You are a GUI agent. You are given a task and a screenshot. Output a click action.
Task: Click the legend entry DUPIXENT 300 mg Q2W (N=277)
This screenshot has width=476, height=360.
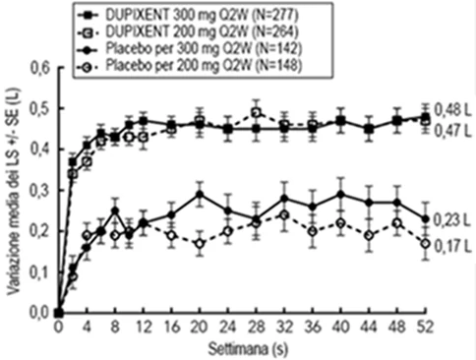click(188, 15)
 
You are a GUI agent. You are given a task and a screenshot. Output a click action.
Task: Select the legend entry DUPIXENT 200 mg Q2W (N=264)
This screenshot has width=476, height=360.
click(188, 32)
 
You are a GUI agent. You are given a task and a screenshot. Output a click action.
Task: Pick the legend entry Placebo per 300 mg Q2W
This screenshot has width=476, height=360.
click(190, 49)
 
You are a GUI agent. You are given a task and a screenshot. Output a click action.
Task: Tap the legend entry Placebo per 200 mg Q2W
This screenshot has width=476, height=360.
click(190, 66)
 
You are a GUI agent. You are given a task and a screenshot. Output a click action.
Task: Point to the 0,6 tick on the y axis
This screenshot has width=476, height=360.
click(40, 68)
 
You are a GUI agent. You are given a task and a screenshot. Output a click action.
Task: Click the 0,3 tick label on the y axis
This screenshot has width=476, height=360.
click(40, 191)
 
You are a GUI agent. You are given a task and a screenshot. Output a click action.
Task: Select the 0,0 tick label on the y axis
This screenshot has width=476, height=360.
click(40, 313)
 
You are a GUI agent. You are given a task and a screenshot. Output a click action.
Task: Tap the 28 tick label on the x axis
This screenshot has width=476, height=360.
click(257, 328)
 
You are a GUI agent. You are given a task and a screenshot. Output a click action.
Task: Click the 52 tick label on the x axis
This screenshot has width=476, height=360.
click(426, 328)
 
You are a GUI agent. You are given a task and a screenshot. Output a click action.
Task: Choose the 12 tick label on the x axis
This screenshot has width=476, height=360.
click(144, 328)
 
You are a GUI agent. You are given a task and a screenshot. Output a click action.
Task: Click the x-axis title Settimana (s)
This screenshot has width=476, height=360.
click(248, 349)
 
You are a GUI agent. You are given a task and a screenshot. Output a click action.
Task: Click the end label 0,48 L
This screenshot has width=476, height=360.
click(452, 111)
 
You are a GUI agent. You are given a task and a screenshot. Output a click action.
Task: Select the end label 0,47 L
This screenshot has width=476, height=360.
click(452, 132)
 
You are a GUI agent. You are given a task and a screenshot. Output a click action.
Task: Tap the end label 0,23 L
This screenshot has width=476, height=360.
click(452, 221)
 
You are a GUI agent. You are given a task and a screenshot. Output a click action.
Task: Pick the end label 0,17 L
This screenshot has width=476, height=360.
click(452, 247)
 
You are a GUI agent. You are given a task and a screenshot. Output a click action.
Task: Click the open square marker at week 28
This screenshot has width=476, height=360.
click(257, 113)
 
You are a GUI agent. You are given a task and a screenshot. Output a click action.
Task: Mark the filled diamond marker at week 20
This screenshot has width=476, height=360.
click(200, 195)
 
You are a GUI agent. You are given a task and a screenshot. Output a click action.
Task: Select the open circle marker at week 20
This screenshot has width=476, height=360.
click(200, 244)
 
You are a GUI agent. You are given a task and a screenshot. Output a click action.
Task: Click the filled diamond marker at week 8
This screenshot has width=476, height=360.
click(115, 210)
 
